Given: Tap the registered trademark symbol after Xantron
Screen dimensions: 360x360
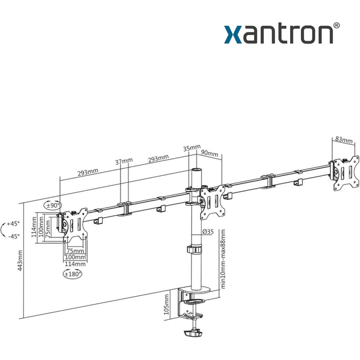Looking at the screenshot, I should point(336,25).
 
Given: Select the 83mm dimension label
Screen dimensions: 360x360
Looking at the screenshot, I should point(344,139).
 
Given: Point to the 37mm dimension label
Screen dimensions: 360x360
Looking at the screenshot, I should point(124,161).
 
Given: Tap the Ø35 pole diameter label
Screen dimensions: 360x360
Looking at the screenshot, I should point(208,232).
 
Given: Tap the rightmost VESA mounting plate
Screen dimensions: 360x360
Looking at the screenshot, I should point(345,171).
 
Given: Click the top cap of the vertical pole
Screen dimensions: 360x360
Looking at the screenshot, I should point(196,169).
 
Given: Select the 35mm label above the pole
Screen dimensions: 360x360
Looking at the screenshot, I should point(192,148).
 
